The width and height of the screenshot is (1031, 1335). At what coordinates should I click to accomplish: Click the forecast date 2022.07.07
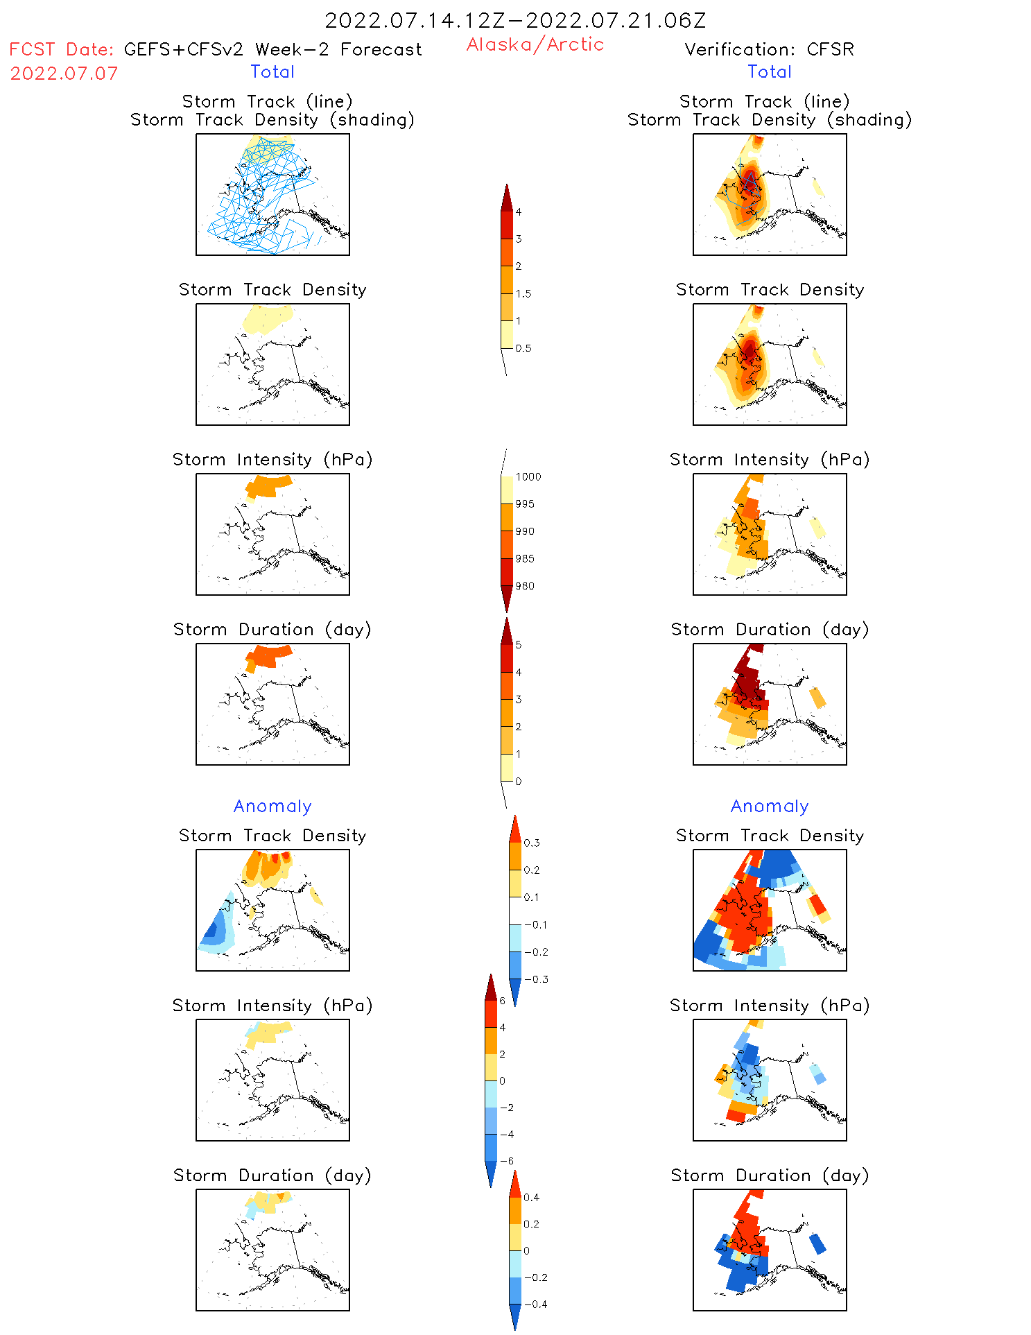click(64, 74)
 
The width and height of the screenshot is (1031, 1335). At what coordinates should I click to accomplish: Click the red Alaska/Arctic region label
click(535, 44)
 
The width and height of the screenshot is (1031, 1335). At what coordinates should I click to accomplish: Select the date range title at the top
click(515, 20)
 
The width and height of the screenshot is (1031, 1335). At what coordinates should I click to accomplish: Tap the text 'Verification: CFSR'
click(769, 49)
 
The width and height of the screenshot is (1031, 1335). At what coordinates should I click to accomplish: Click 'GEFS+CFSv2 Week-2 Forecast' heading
click(272, 49)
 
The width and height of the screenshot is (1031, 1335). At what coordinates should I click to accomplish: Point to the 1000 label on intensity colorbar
click(528, 476)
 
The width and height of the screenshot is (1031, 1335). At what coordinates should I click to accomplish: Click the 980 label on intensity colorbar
click(525, 586)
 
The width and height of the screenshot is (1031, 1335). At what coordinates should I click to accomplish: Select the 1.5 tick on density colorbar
click(523, 293)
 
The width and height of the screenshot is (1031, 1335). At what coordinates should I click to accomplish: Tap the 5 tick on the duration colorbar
click(518, 645)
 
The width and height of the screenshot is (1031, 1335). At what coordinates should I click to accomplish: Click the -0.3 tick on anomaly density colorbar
click(536, 979)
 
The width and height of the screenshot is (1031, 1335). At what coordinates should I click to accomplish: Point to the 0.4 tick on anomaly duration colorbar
click(531, 1197)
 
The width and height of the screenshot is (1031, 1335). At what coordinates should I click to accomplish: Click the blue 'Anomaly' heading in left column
click(272, 806)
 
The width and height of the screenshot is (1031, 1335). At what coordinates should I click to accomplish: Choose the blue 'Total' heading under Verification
click(769, 71)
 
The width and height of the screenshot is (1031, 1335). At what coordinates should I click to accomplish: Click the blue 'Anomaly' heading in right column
click(770, 806)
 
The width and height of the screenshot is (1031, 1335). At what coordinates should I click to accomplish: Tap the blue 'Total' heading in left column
click(272, 71)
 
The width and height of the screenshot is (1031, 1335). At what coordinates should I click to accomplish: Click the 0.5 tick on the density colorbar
click(523, 348)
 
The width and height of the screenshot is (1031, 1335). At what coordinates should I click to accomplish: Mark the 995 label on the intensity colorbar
click(525, 504)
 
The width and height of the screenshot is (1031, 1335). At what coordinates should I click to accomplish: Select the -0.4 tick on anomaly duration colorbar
click(535, 1304)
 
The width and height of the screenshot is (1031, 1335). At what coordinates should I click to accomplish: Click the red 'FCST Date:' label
click(62, 50)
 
